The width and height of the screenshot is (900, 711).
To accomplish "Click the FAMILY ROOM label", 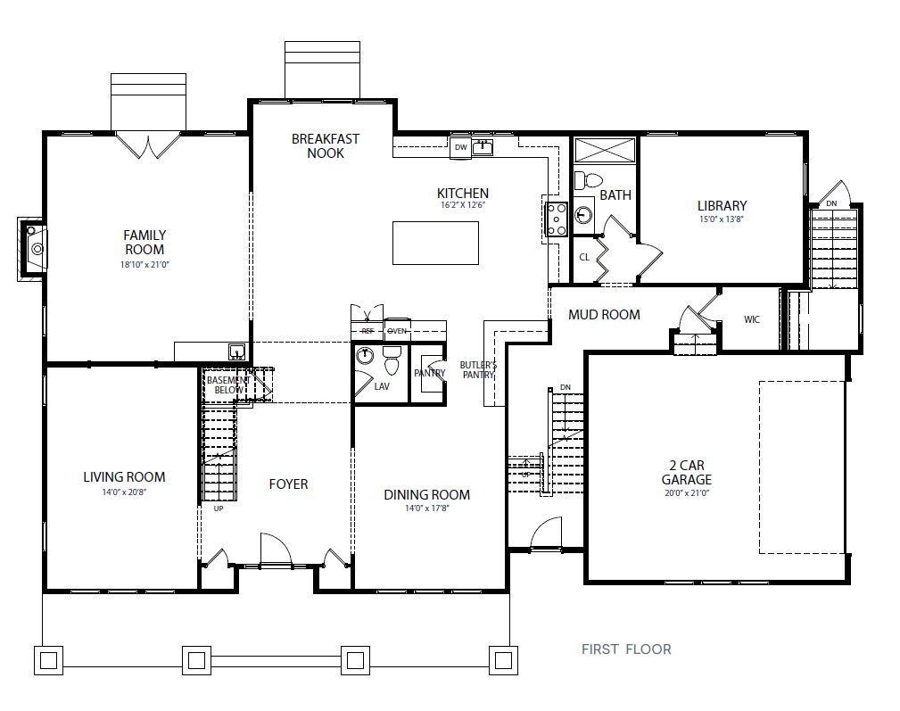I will [144, 242].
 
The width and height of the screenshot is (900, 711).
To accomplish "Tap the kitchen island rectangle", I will [435, 243].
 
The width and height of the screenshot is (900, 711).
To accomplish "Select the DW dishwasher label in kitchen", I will [460, 147].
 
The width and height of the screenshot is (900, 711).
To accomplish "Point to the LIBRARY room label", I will [722, 206].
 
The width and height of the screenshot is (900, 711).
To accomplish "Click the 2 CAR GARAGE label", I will [686, 472].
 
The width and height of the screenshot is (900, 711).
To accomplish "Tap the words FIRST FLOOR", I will [626, 649].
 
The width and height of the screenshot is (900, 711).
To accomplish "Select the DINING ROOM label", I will [426, 495].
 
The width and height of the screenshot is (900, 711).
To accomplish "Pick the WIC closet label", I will [751, 319].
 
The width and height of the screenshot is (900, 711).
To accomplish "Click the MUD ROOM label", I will [604, 314].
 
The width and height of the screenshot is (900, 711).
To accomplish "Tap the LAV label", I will [382, 386].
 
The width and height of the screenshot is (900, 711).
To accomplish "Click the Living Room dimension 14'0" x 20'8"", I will [123, 492].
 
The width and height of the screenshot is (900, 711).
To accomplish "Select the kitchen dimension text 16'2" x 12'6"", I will [462, 205].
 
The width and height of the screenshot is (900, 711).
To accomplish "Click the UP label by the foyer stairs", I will [218, 509].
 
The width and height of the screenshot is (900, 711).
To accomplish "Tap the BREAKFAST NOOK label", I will [325, 145].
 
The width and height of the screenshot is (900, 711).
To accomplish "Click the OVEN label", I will [396, 331].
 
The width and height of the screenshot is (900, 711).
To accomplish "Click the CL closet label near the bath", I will [584, 257].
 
